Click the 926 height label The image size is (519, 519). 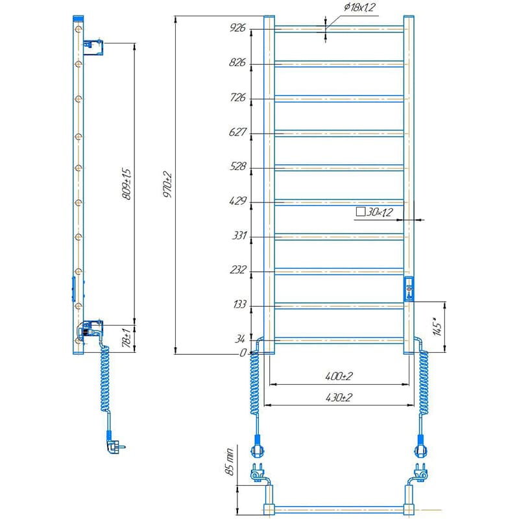(237, 27)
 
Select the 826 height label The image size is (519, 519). (237, 62)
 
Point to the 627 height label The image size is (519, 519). (237, 132)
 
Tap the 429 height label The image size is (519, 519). (237, 200)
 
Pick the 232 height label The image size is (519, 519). (238, 270)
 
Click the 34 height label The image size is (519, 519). (240, 339)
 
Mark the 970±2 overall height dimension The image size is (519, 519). (167, 184)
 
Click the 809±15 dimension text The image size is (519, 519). (126, 184)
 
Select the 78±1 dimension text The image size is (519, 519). (127, 338)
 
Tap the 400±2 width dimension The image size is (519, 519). (339, 376)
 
